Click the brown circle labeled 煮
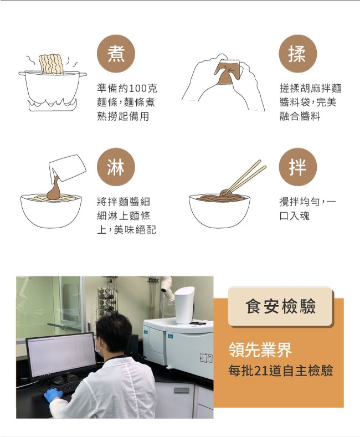tap(116, 54)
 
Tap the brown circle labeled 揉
tap(298, 54)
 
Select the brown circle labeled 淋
tap(116, 167)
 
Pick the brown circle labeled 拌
tap(298, 167)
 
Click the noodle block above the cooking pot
tap(52, 64)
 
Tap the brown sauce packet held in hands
tap(227, 73)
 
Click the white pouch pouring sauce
tap(68, 167)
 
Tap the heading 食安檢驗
tap(281, 306)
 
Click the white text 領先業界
tap(260, 350)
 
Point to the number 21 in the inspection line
tap(260, 371)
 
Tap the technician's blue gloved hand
tap(53, 395)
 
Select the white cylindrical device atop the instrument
tap(184, 305)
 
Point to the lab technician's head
tap(114, 333)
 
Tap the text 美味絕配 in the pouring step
tap(135, 230)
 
